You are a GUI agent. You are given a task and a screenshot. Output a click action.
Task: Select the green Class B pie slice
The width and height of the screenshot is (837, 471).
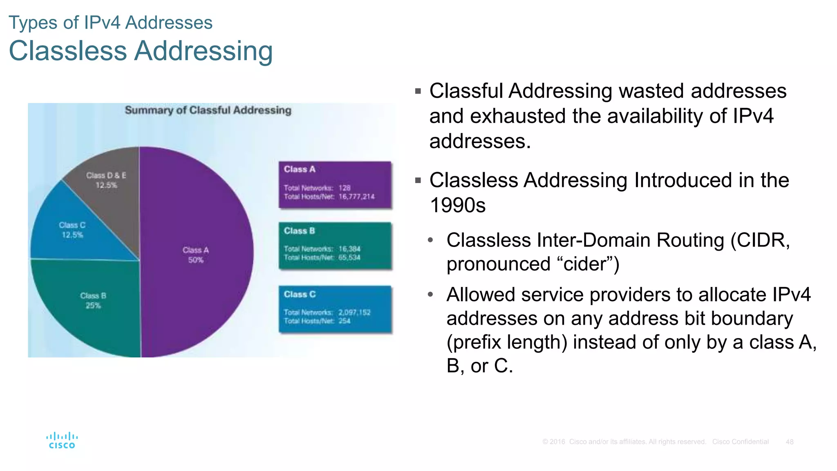click(x=93, y=311)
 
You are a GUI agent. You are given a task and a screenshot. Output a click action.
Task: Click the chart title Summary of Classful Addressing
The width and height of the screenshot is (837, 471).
click(x=208, y=110)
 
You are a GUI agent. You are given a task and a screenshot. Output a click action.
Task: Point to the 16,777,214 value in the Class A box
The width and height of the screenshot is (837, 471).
click(x=356, y=197)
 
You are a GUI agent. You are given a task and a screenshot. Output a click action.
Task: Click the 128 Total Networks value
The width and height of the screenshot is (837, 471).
click(x=345, y=188)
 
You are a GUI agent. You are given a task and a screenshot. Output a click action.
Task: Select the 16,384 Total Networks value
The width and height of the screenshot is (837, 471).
click(x=349, y=249)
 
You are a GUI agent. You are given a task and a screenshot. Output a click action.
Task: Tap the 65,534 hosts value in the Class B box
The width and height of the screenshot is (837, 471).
click(x=349, y=258)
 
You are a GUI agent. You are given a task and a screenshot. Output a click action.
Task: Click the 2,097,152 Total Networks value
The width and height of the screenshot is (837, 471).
click(x=354, y=312)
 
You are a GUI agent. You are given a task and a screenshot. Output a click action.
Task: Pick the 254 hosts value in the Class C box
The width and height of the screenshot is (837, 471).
click(x=345, y=321)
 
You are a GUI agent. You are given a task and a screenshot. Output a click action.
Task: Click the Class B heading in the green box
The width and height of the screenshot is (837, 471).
click(x=300, y=231)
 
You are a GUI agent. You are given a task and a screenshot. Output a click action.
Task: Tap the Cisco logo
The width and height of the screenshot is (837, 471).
click(x=62, y=440)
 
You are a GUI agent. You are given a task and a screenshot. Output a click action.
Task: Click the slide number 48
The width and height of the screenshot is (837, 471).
click(x=790, y=442)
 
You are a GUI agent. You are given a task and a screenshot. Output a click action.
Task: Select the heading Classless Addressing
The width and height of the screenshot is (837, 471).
click(x=141, y=51)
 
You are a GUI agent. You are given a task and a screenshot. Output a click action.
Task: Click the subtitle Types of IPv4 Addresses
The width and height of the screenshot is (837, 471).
click(x=110, y=22)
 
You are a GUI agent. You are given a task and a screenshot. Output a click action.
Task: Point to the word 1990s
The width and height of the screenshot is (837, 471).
click(x=458, y=205)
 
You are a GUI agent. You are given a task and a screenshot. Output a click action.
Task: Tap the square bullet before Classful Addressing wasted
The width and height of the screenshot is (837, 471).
click(x=418, y=91)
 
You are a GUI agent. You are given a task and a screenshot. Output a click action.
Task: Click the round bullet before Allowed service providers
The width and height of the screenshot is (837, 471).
click(x=430, y=294)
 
